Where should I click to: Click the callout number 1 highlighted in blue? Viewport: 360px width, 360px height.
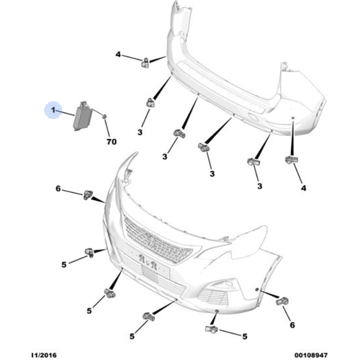pyautogui.click(x=53, y=110)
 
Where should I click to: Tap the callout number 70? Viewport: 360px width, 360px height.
pyautogui.click(x=112, y=142)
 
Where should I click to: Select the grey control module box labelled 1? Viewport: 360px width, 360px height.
pyautogui.click(x=81, y=117)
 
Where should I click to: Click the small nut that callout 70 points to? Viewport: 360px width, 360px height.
pyautogui.click(x=104, y=117)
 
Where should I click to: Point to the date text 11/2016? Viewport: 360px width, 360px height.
pyautogui.click(x=44, y=355)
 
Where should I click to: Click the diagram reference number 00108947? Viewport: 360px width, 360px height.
pyautogui.click(x=311, y=355)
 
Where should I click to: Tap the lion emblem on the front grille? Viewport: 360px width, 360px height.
pyautogui.click(x=152, y=240)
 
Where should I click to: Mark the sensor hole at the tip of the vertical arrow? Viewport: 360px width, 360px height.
pyautogui.click(x=292, y=118)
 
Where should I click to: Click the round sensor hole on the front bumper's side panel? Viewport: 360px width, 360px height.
pyautogui.click(x=256, y=290)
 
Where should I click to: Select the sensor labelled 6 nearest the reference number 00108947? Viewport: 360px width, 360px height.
pyautogui.click(x=282, y=301)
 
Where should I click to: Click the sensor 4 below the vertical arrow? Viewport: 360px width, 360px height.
pyautogui.click(x=292, y=160)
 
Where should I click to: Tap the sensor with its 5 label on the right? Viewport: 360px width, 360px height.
pyautogui.click(x=212, y=329)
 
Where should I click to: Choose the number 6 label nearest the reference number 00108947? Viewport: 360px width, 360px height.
pyautogui.click(x=292, y=325)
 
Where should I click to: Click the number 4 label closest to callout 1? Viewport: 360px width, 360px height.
pyautogui.click(x=118, y=55)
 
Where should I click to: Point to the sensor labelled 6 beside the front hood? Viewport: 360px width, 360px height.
pyautogui.click(x=88, y=194)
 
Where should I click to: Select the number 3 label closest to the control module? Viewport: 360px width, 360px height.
pyautogui.click(x=140, y=132)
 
